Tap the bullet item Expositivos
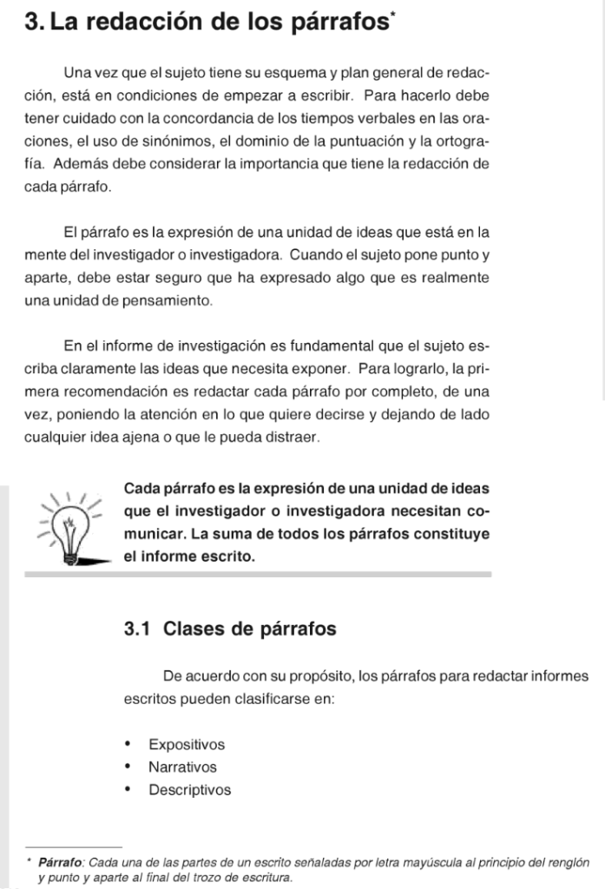click(x=187, y=745)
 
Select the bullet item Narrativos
click(x=182, y=767)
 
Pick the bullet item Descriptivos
click(x=190, y=790)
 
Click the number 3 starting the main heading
click(x=33, y=23)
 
